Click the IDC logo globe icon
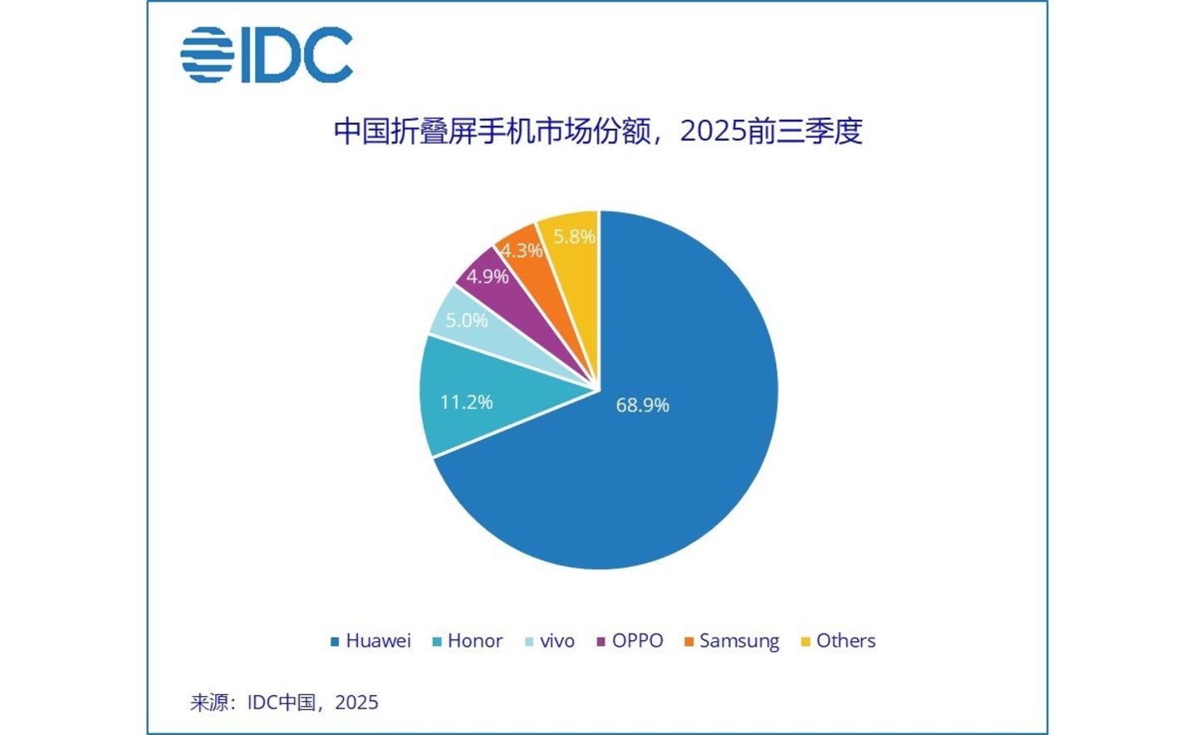(207, 55)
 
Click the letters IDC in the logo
(297, 55)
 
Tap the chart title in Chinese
(597, 131)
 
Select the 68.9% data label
(642, 405)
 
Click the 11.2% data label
(466, 402)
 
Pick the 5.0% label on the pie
(466, 320)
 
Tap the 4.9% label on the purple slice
(487, 277)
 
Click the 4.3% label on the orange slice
(521, 250)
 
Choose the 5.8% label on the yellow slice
(574, 237)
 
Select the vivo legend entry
(550, 641)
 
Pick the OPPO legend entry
(630, 641)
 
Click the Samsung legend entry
(732, 641)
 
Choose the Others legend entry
(838, 641)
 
